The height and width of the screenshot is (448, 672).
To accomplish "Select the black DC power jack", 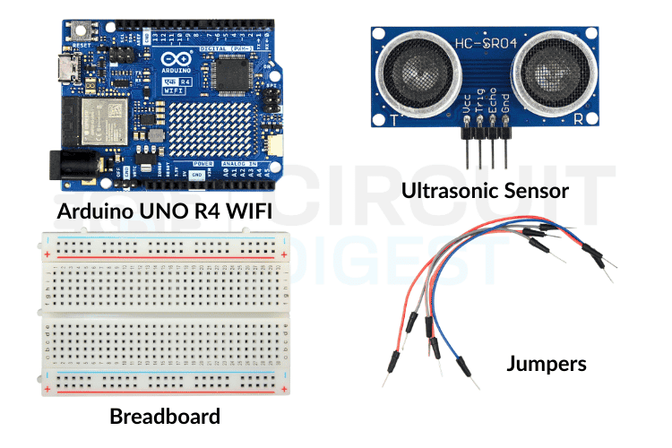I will (x=65, y=168).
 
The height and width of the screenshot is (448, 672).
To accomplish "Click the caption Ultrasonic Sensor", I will (x=485, y=189).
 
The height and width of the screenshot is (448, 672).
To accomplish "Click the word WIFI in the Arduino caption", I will (x=242, y=212).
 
